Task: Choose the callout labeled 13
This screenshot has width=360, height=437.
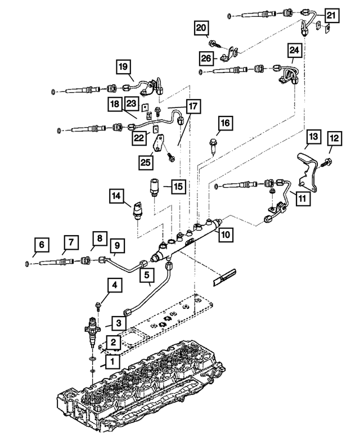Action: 313,137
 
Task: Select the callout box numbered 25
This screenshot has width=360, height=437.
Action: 148,163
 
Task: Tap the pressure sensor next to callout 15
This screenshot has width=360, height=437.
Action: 153,186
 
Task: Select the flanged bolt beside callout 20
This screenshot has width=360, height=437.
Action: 215,42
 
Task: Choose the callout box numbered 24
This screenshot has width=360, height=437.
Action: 294,51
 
